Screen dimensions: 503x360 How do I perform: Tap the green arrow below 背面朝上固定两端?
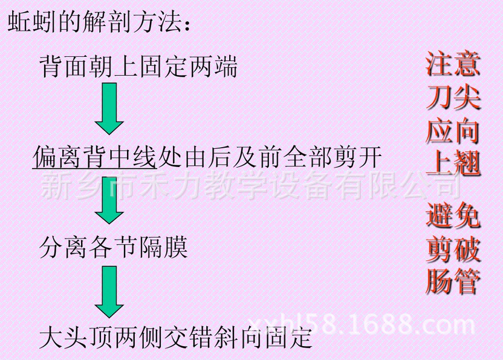click(x=109, y=108)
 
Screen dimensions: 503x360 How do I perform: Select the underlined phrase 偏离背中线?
click(x=94, y=157)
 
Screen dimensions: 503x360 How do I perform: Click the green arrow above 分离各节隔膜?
click(x=109, y=200)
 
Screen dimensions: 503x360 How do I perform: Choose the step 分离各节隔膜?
click(x=113, y=246)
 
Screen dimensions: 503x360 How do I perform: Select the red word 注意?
click(x=453, y=64)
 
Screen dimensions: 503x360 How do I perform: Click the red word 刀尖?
click(x=453, y=97)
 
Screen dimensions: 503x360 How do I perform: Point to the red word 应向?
click(x=453, y=130)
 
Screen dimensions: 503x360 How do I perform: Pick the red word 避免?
click(x=453, y=215)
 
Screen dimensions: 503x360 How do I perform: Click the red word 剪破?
click(x=453, y=248)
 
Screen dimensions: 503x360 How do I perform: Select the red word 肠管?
click(x=453, y=281)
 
